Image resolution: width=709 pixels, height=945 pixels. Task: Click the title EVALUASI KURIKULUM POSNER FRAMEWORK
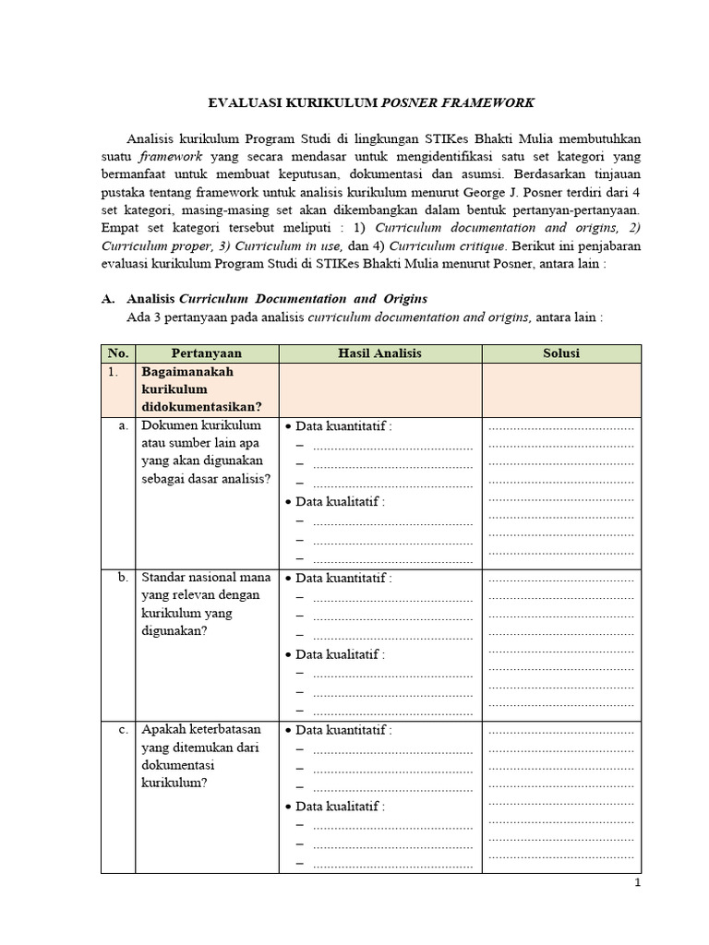[368, 102]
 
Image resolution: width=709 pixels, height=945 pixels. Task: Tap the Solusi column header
[561, 353]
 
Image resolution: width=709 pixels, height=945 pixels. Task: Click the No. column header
[117, 353]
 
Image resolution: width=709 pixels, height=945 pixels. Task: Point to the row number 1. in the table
[113, 372]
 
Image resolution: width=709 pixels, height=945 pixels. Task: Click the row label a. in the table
[122, 425]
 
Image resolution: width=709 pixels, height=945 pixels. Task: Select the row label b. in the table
[122, 578]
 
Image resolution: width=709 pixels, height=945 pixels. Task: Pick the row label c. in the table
[122, 730]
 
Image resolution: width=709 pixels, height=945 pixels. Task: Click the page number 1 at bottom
[637, 883]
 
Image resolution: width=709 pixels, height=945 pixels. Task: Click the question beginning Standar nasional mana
[205, 604]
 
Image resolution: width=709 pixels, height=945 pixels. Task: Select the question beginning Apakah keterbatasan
[205, 756]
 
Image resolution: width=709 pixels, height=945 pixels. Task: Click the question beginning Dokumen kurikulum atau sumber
[205, 451]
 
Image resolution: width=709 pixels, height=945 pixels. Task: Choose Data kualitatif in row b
[339, 654]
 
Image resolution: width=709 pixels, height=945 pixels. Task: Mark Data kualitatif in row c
[339, 807]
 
